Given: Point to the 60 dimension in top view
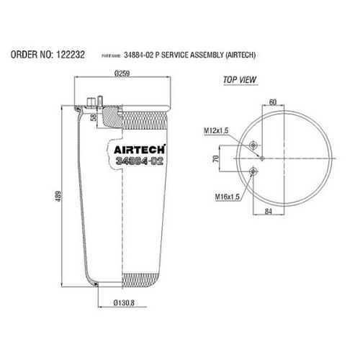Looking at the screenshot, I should (x=273, y=103).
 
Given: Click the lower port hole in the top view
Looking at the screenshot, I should (x=253, y=170).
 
